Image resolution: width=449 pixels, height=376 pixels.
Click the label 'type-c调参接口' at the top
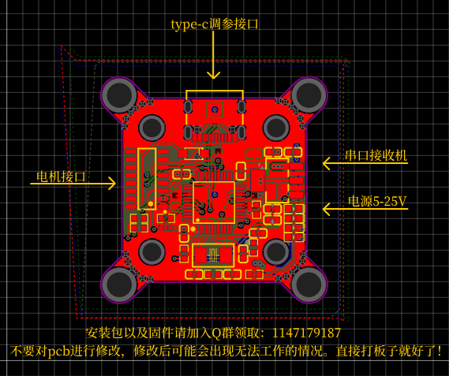215,24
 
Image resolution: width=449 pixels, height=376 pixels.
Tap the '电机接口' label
61,177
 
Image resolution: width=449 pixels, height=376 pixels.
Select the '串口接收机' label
376,155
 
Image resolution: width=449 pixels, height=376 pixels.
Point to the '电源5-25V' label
377,201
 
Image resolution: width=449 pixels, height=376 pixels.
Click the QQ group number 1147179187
306,333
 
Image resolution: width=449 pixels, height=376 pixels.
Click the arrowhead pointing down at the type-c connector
213,75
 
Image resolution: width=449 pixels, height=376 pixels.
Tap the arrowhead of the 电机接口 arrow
112,183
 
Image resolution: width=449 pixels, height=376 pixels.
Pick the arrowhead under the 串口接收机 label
327,163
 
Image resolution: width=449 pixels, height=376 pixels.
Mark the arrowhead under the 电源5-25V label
327,209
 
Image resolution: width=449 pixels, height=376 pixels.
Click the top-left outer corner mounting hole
119,95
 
